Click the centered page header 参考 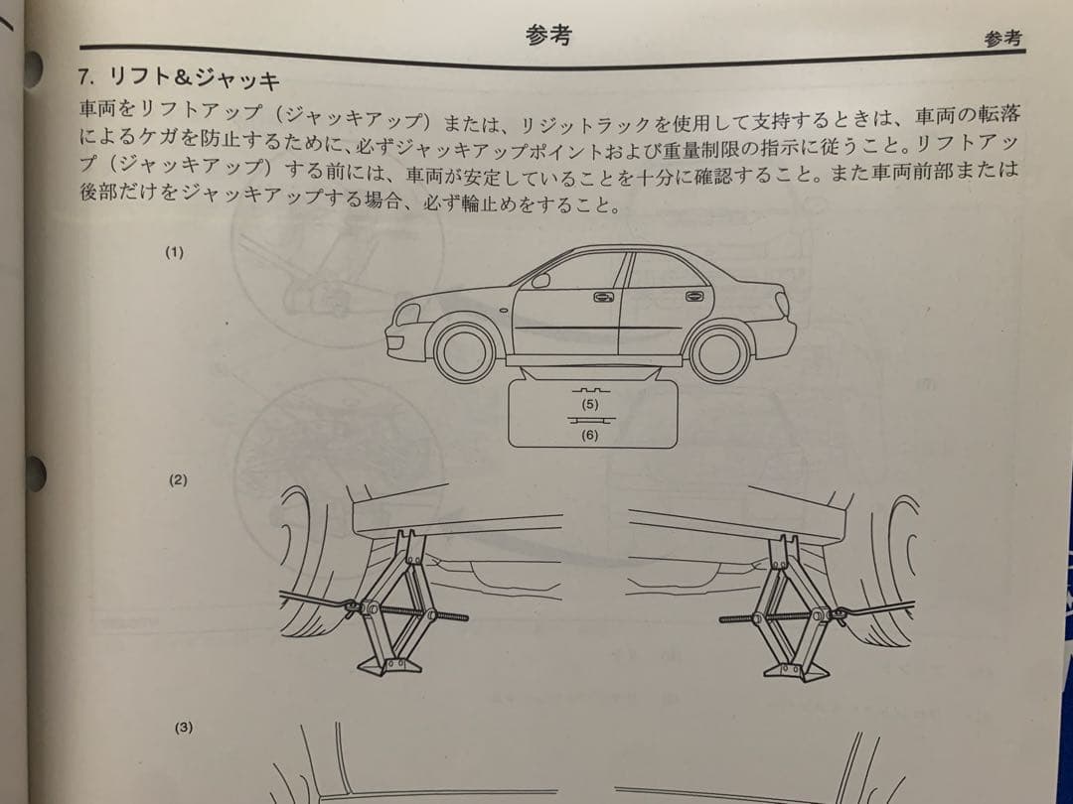pos(548,34)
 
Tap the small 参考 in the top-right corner pos(1002,39)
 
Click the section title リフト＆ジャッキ pos(195,78)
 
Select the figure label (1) pos(175,252)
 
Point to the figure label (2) pos(178,480)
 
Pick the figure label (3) pos(184,728)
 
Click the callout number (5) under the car pos(589,404)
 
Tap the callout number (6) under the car pos(589,435)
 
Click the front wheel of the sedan pos(465,350)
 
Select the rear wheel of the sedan pos(720,353)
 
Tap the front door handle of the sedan pos(604,298)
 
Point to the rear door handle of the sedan pos(693,296)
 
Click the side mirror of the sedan pos(540,280)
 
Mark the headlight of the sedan pos(408,314)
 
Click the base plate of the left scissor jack pos(388,667)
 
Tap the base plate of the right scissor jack pos(797,671)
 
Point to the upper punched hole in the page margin pos(32,68)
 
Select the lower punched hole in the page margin pos(35,473)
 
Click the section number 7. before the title pos(86,77)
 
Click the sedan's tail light pos(782,305)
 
